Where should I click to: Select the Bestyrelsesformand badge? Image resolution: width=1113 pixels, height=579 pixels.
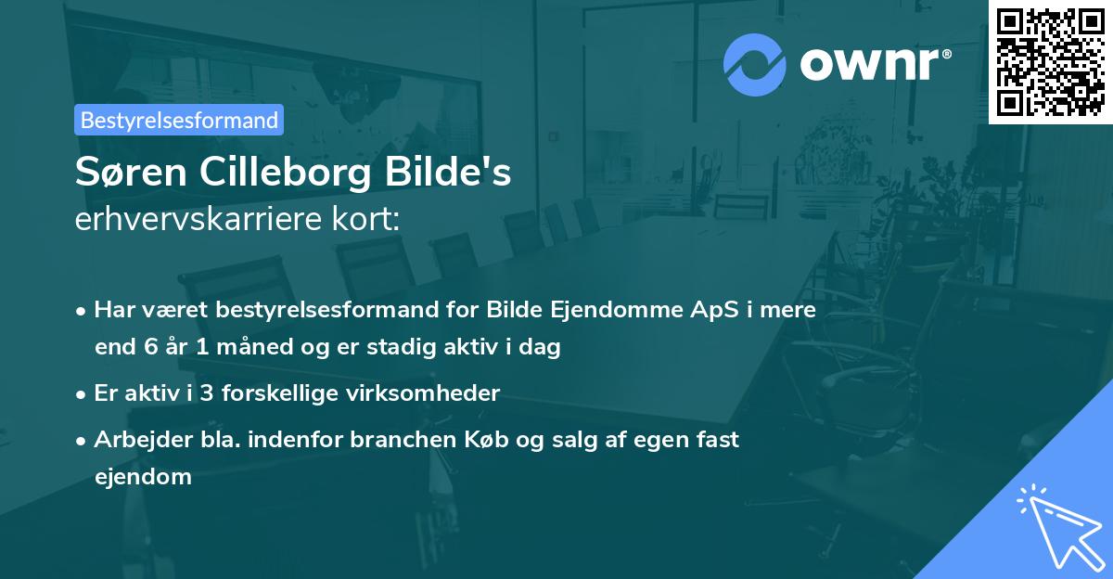[x=179, y=120]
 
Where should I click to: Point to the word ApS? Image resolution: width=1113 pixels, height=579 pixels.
[x=713, y=310]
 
